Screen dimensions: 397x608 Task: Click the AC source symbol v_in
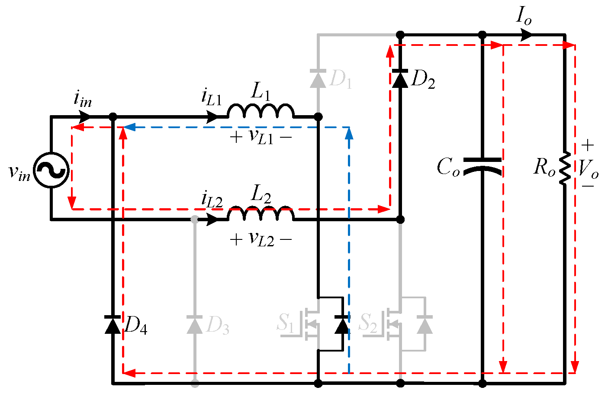51,170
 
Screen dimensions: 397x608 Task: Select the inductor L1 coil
261,111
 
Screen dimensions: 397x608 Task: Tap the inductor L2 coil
261,214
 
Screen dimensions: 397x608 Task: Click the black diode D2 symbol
400,78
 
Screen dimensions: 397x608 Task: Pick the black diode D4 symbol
113,325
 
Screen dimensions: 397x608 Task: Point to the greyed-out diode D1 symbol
318,78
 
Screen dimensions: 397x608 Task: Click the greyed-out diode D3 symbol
195,325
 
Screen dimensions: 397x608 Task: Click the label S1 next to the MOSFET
285,323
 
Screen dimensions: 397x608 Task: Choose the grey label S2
368,323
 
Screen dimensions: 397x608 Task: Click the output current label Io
523,16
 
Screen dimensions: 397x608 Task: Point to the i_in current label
82,100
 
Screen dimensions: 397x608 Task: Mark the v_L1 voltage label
261,137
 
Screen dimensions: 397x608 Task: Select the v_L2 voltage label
261,239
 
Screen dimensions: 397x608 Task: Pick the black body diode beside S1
342,325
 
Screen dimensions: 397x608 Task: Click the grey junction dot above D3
195,219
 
